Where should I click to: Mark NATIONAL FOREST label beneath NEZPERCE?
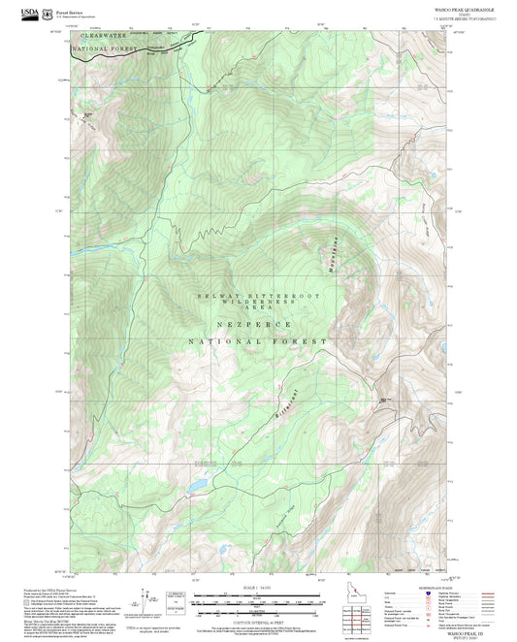tap(257, 342)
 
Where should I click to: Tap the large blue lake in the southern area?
tap(197, 481)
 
